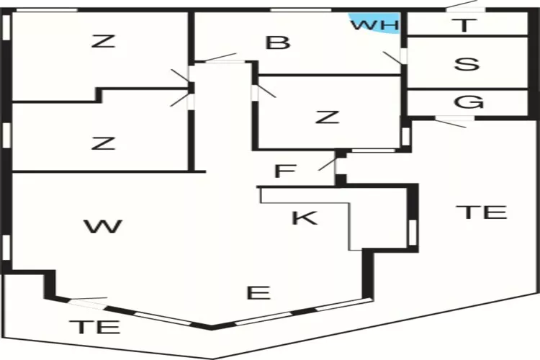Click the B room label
[x=277, y=42]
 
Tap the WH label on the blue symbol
[x=374, y=24]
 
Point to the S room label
[x=467, y=63]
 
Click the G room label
[x=469, y=102]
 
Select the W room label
[x=102, y=227]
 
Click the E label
[x=258, y=293]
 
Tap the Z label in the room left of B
[x=104, y=41]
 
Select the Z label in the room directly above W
[x=104, y=143]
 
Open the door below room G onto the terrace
[x=451, y=122]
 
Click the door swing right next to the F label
[x=328, y=164]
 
